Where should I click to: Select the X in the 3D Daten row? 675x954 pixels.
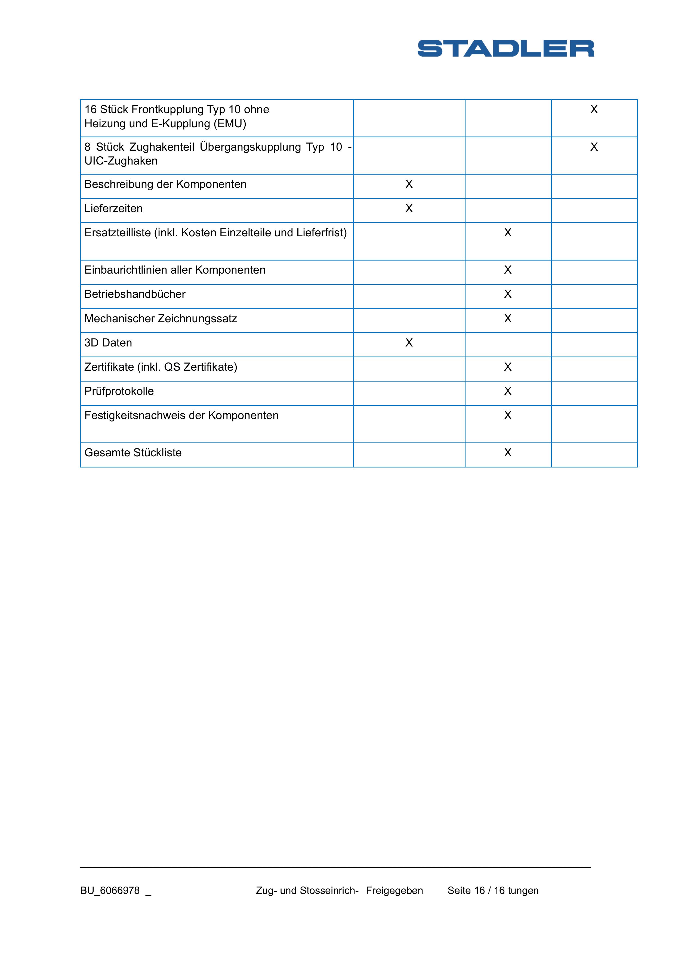(409, 342)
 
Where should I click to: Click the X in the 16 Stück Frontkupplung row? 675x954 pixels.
(594, 109)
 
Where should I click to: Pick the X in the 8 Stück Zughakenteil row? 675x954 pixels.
(594, 147)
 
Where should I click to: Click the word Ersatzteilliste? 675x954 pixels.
(117, 233)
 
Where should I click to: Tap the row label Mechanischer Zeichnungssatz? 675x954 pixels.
(161, 319)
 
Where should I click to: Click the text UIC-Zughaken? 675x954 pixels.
(121, 161)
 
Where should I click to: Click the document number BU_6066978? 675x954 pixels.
(110, 890)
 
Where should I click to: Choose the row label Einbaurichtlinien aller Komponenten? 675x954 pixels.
(175, 270)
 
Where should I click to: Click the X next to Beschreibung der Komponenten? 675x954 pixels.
(409, 184)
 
